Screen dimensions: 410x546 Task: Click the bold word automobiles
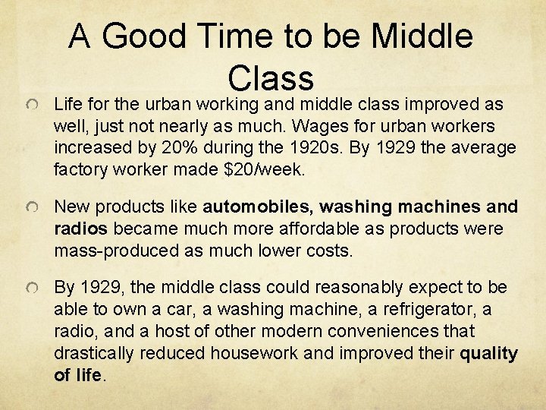tap(258, 207)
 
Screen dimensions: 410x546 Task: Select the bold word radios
tap(80, 229)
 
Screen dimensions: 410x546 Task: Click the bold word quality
tap(490, 354)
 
